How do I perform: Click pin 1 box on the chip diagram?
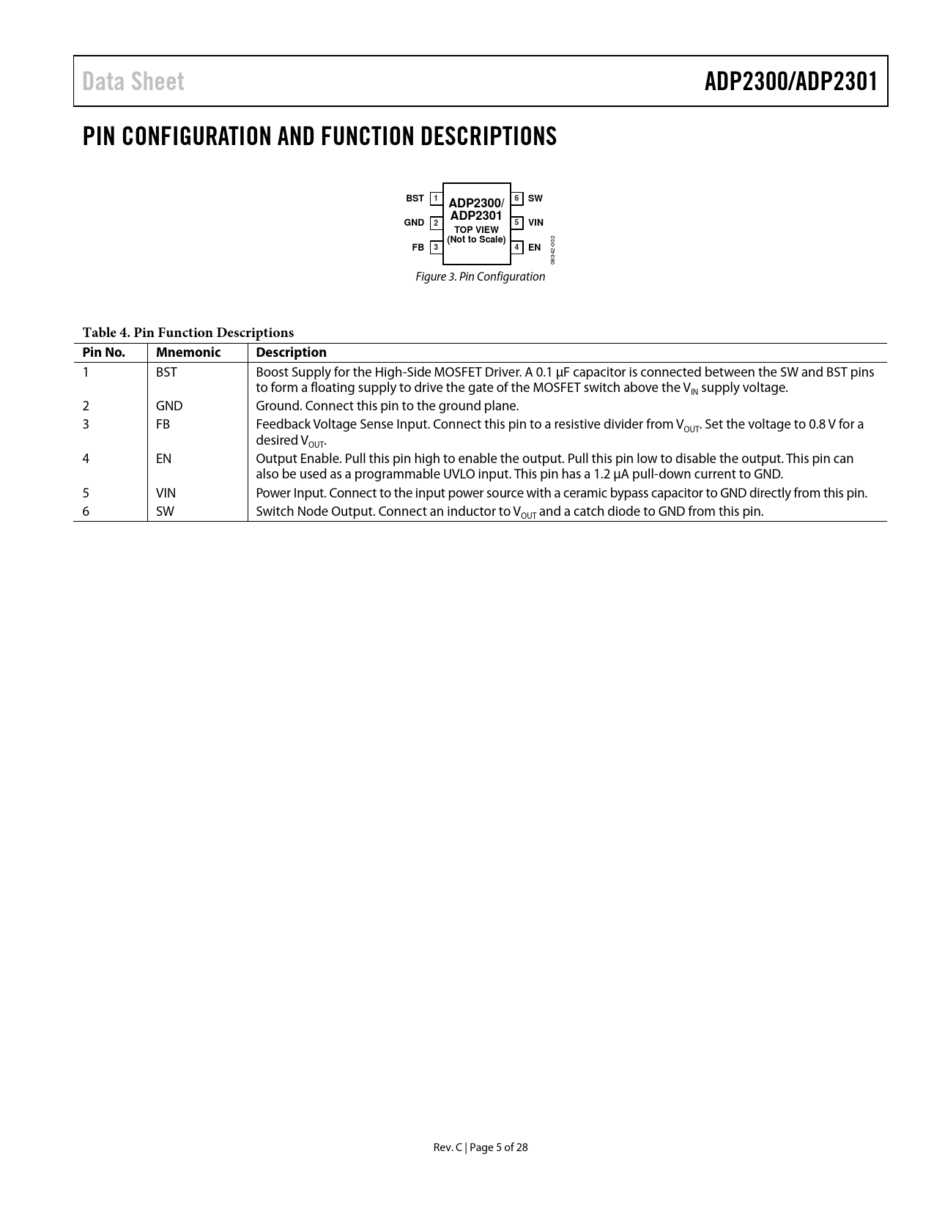coord(436,199)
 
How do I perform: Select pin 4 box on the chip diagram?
coord(516,248)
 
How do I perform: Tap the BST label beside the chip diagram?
coord(415,199)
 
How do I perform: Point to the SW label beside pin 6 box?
coord(535,199)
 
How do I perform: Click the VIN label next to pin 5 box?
coord(535,223)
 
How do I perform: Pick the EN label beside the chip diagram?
coord(534,248)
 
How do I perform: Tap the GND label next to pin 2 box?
coord(414,223)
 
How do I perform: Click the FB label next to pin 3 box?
coord(418,248)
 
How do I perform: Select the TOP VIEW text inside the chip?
coord(476,229)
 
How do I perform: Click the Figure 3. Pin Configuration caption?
coord(480,277)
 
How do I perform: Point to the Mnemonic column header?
coord(188,352)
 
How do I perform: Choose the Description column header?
coord(291,352)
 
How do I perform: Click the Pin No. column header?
coord(103,352)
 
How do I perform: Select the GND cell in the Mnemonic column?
coord(169,406)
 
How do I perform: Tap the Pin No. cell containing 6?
coord(86,511)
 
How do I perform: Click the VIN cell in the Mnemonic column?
coord(166,493)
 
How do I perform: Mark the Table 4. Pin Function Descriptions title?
coord(188,333)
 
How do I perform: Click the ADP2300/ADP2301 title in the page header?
coord(790,81)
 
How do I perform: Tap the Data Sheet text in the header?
coord(133,81)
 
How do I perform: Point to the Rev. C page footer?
coord(480,1147)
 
